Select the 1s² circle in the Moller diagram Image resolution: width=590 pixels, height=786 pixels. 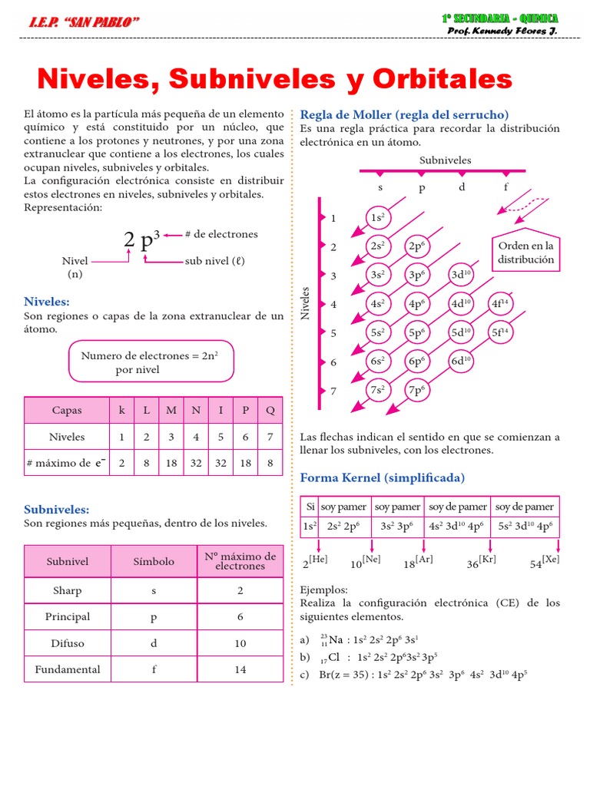pyautogui.click(x=377, y=218)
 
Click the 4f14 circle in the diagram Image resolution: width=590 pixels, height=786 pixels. pyautogui.click(x=500, y=303)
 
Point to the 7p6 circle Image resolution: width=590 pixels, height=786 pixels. pyautogui.click(x=417, y=389)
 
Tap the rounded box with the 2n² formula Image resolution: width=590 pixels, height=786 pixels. pyautogui.click(x=151, y=362)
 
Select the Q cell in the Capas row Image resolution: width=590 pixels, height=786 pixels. pyautogui.click(x=270, y=410)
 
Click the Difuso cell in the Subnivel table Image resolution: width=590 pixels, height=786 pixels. pyautogui.click(x=68, y=643)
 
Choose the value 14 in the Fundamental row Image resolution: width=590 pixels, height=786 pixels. pyautogui.click(x=240, y=669)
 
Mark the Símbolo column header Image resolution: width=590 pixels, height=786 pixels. pyautogui.click(x=154, y=561)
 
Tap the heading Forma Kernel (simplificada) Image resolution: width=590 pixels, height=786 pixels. pyautogui.click(x=382, y=477)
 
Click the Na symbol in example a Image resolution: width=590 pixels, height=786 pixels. pyautogui.click(x=336, y=639)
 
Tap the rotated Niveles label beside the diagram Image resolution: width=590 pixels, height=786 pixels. pyautogui.click(x=306, y=303)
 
